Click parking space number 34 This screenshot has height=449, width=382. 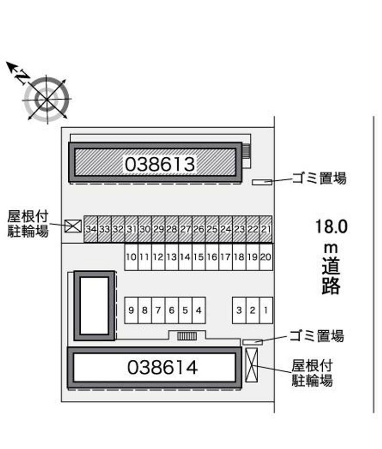91,229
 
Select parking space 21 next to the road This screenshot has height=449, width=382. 266,229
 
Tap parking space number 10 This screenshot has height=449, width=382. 131,257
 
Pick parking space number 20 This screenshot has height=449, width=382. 266,257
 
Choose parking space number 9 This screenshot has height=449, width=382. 131,310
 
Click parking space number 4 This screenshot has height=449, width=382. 199,310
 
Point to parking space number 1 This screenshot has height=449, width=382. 266,310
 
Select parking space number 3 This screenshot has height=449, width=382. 239,310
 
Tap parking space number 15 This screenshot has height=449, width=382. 199,257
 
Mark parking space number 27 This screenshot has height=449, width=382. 185,229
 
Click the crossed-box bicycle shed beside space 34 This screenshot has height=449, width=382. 73,226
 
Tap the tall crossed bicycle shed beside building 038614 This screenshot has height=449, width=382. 252,365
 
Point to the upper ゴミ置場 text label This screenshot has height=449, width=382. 319,178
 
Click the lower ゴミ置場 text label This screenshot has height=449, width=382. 317,336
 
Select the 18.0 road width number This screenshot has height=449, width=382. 331,226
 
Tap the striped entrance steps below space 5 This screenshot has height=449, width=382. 187,336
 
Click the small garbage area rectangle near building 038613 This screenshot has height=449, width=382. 262,182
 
